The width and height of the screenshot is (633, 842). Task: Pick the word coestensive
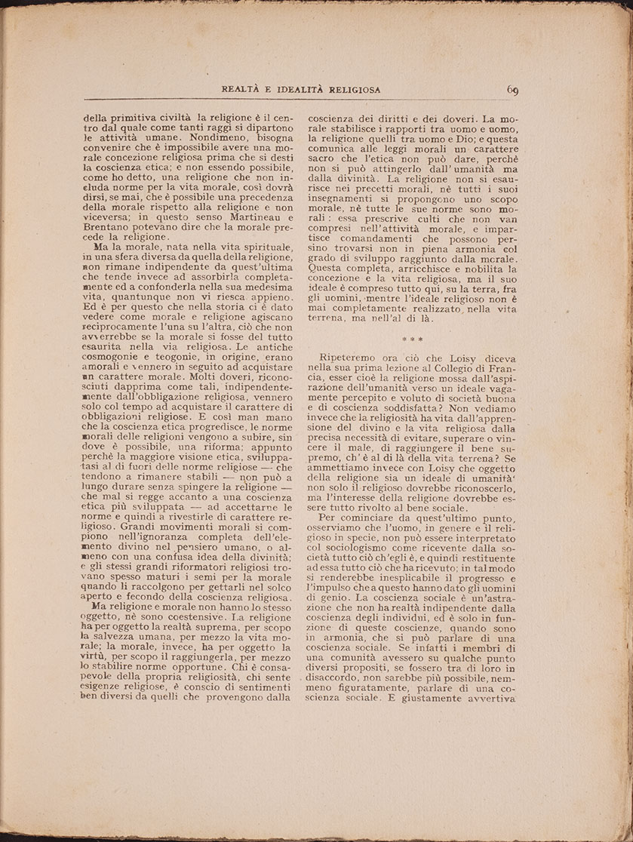(x=189, y=616)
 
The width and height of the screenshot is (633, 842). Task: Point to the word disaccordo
(x=340, y=677)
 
